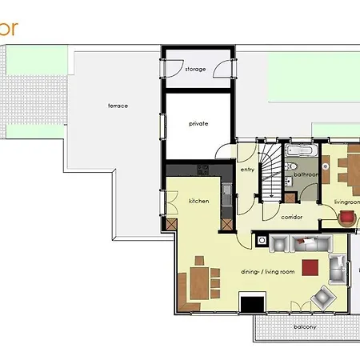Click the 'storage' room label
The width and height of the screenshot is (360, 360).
tap(195, 70)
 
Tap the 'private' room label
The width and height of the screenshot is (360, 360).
tap(198, 124)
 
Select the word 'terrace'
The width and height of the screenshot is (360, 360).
tap(118, 106)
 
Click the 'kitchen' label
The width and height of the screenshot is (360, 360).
tap(198, 201)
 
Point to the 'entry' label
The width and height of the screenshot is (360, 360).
tap(247, 169)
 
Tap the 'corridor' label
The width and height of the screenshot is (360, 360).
tap(292, 216)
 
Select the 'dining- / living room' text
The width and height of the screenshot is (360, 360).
tap(268, 272)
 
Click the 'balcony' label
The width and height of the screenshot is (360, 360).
tap(304, 326)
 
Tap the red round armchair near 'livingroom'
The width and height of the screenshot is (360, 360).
tap(348, 217)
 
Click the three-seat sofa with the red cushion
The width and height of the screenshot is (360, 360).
tap(300, 242)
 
